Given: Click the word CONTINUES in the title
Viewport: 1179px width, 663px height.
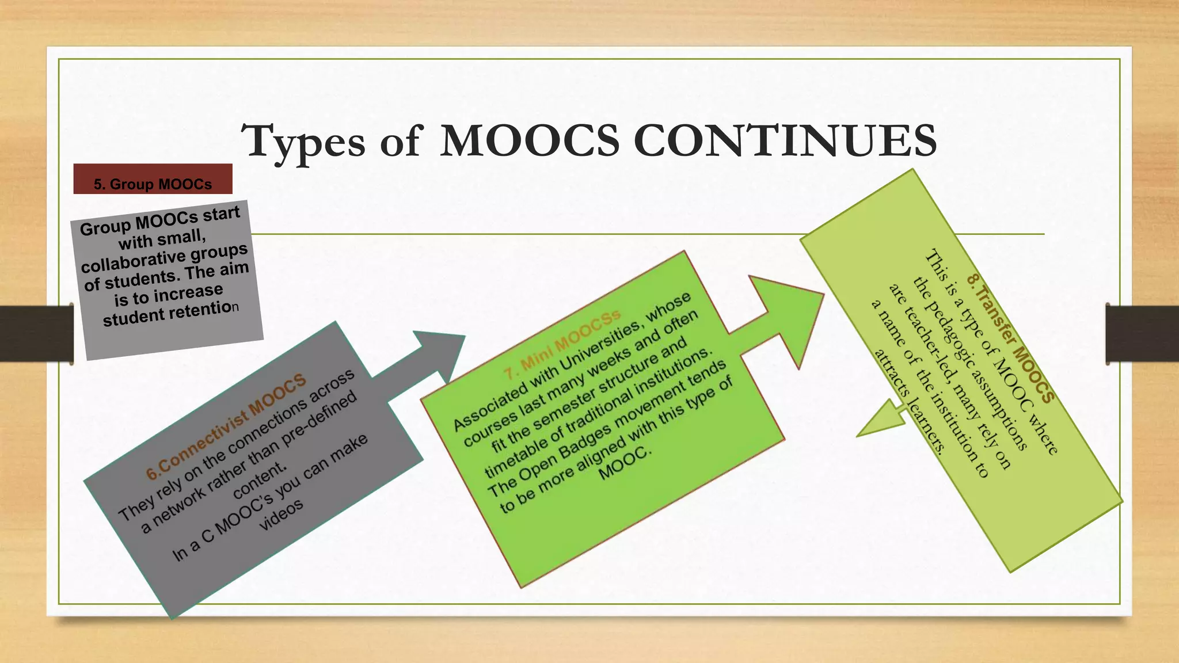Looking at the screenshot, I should tap(785, 140).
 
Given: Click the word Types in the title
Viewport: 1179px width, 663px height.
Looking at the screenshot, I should tap(303, 142).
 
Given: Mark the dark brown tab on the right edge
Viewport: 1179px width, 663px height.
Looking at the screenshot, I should tap(1142, 334).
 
